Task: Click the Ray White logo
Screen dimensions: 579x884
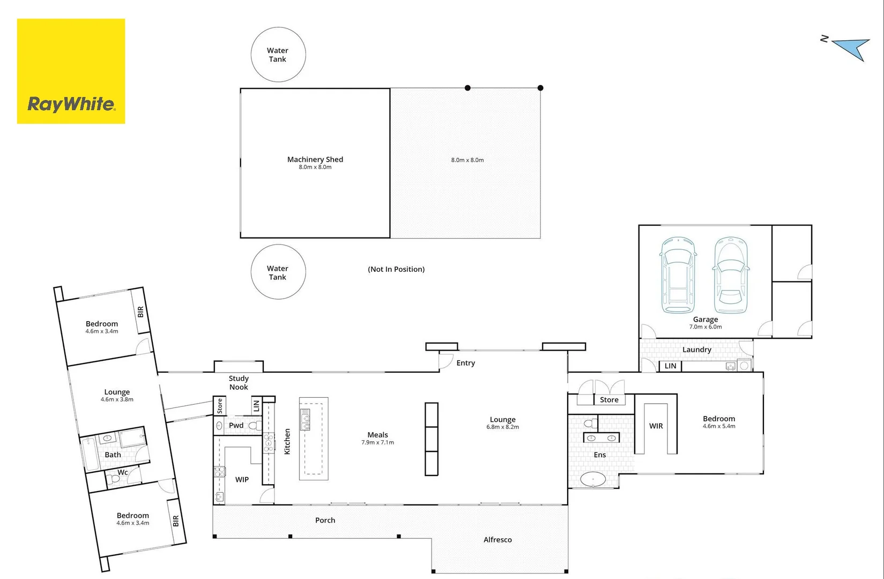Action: (x=71, y=71)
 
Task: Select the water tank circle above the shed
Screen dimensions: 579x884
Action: (x=278, y=55)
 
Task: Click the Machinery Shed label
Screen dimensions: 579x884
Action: (x=315, y=159)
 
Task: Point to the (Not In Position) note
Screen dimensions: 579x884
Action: (x=396, y=269)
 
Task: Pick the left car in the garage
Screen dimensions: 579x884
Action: (x=678, y=276)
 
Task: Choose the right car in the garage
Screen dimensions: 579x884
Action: (x=731, y=276)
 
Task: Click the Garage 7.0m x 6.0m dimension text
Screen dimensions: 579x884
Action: (x=705, y=327)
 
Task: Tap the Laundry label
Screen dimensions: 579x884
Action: (x=696, y=350)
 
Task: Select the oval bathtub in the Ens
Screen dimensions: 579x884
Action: (x=593, y=479)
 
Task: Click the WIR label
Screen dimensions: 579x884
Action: (x=656, y=426)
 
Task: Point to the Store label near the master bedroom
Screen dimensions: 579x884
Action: (x=609, y=400)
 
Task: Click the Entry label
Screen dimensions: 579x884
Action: (x=465, y=363)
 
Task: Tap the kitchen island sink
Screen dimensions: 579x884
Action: (x=305, y=419)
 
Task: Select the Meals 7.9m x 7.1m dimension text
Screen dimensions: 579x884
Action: (x=377, y=443)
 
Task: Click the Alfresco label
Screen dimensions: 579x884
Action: (x=497, y=540)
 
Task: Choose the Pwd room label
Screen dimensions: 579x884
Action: (x=236, y=425)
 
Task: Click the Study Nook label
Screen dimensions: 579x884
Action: (x=239, y=383)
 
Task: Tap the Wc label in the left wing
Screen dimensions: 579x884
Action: (x=123, y=472)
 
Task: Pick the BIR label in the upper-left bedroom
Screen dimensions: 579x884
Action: (x=140, y=311)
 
